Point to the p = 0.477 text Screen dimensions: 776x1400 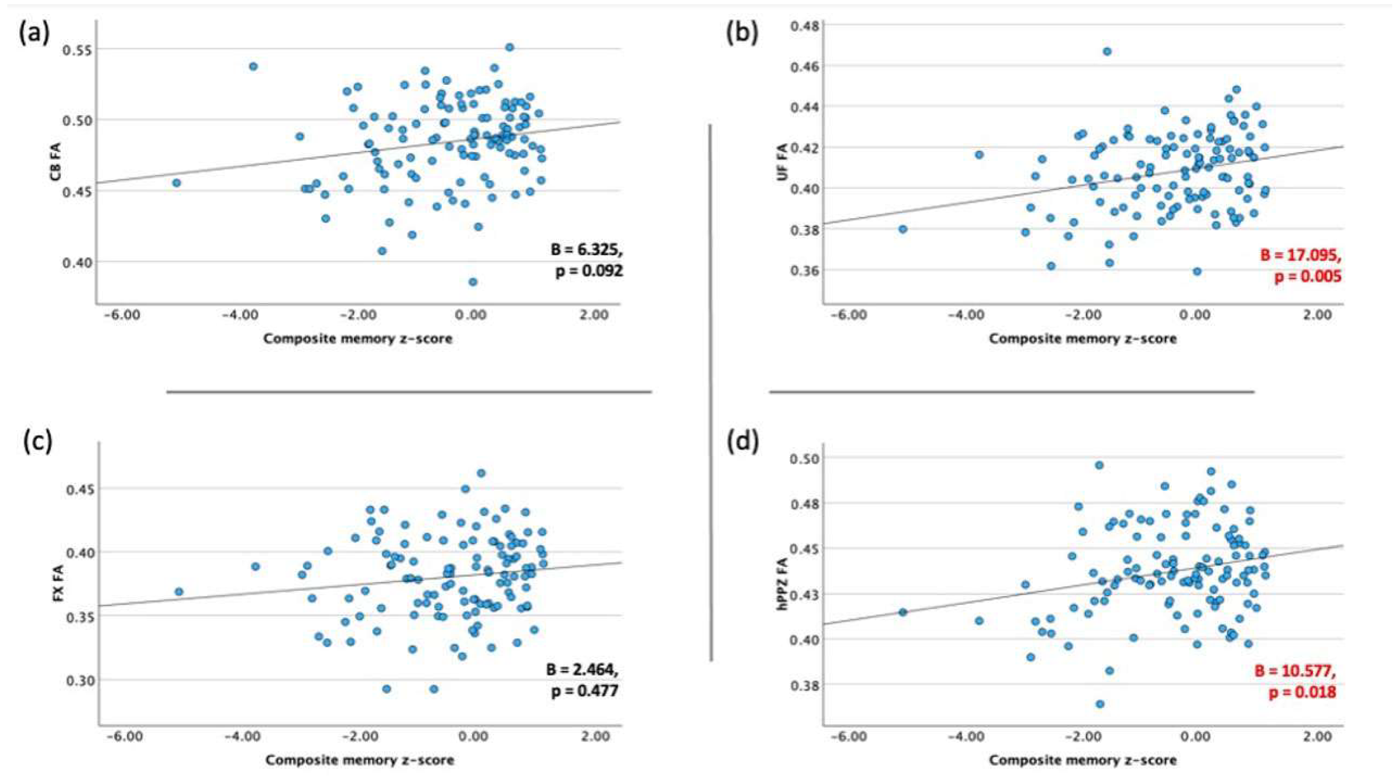(x=585, y=691)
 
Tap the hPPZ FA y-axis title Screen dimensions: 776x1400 (x=783, y=582)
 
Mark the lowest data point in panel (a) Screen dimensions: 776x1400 (x=473, y=282)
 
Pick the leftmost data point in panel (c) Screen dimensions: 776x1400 (x=179, y=591)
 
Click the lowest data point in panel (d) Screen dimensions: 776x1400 (x=1100, y=704)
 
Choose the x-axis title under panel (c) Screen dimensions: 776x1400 (x=360, y=759)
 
